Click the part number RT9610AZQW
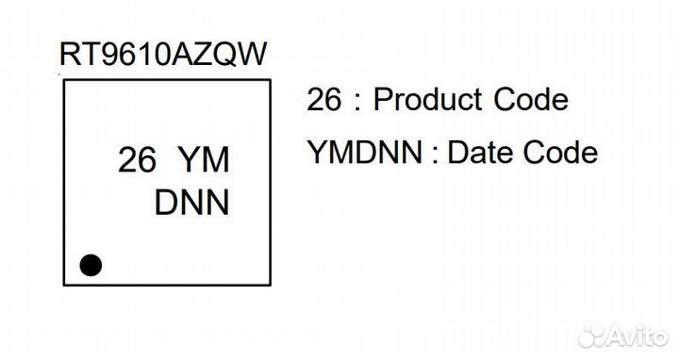point(163,55)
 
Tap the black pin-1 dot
point(91,265)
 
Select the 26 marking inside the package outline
point(137,161)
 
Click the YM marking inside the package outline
point(204,161)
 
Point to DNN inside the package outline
point(191,204)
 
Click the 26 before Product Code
point(324,100)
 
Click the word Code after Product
point(537,100)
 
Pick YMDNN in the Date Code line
point(366,153)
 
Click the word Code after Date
point(565,153)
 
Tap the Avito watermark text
point(641,336)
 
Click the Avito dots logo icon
point(596,336)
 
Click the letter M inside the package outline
point(216,161)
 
